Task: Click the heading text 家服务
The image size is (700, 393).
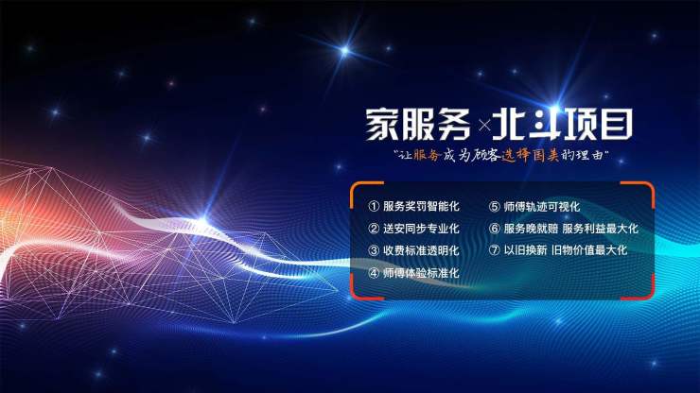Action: tap(418, 125)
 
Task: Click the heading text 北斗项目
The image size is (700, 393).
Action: tap(563, 125)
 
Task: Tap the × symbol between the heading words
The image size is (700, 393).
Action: tap(484, 126)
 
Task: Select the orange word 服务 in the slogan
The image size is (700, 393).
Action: tap(428, 155)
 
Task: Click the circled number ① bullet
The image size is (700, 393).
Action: tap(374, 206)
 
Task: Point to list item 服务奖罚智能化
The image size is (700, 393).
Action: tap(421, 206)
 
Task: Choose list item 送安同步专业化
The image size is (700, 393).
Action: tap(421, 229)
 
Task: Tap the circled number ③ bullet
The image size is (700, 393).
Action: tap(374, 250)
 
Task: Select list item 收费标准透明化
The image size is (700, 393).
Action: tap(421, 250)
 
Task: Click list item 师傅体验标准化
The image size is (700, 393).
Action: tap(421, 273)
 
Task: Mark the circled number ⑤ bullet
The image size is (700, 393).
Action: tap(494, 207)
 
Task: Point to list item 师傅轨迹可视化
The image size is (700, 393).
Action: tap(542, 207)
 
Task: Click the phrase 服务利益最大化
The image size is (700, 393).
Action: tap(601, 229)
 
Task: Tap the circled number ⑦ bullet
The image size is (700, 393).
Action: tap(494, 250)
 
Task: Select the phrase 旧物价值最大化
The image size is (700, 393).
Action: tap(589, 250)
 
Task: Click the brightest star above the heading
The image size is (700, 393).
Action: tap(344, 51)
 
